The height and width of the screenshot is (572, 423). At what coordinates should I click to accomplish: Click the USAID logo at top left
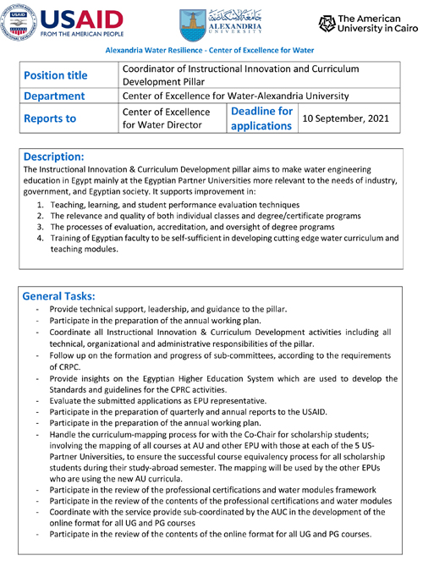[67, 21]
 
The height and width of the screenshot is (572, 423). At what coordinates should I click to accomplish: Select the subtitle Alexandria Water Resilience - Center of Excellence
[211, 50]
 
